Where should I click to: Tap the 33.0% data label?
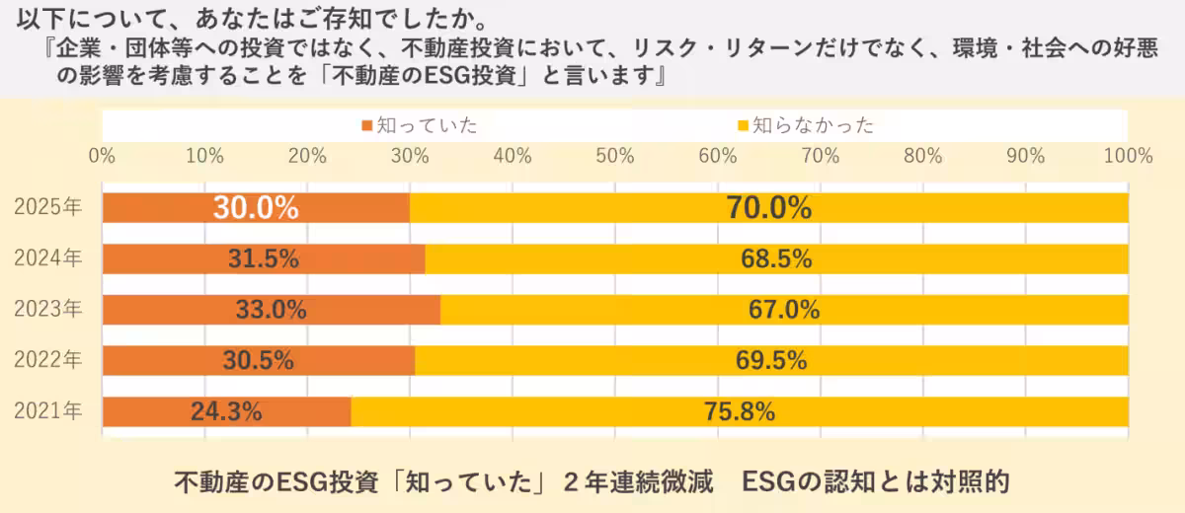click(271, 310)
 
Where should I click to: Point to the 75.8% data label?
click(740, 411)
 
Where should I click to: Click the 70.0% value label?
click(768, 208)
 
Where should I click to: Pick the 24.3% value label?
click(226, 411)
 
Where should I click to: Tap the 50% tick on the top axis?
click(614, 155)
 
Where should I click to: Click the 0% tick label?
click(103, 155)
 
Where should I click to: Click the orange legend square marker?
click(367, 125)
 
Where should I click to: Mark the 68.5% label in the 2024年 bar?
click(776, 258)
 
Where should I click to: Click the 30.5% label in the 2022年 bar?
click(258, 361)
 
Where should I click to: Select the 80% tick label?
click(922, 155)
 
